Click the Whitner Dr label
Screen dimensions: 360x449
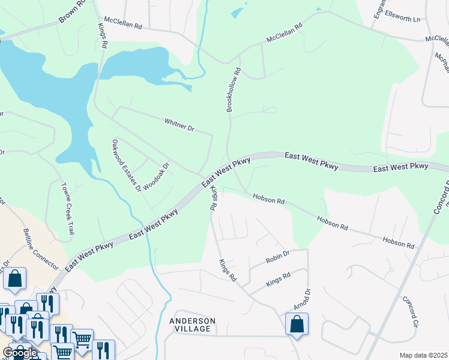[179, 125]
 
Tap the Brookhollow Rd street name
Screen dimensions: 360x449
[234, 89]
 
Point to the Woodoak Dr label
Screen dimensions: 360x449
[156, 175]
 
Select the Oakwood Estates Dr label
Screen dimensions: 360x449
[126, 165]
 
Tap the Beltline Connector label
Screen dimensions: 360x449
[41, 248]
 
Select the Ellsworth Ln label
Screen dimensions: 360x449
[403, 19]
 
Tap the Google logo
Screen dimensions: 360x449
[20, 352]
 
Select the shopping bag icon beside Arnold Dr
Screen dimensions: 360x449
[297, 325]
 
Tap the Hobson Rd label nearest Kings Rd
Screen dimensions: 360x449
[268, 199]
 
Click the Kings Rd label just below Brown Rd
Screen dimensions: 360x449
[103, 35]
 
